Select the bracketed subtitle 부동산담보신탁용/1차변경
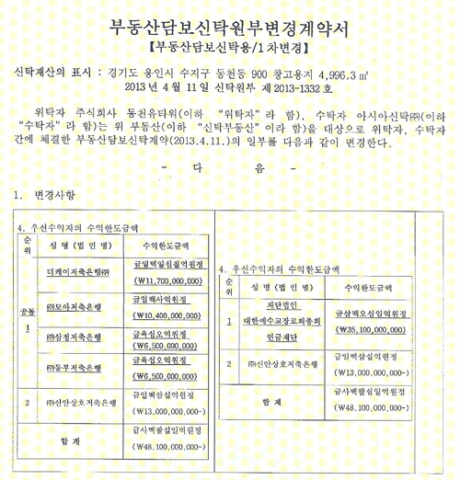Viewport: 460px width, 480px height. (x=229, y=43)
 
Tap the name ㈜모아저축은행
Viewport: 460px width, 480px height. (x=76, y=306)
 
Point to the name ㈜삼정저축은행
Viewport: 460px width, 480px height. (x=76, y=338)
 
